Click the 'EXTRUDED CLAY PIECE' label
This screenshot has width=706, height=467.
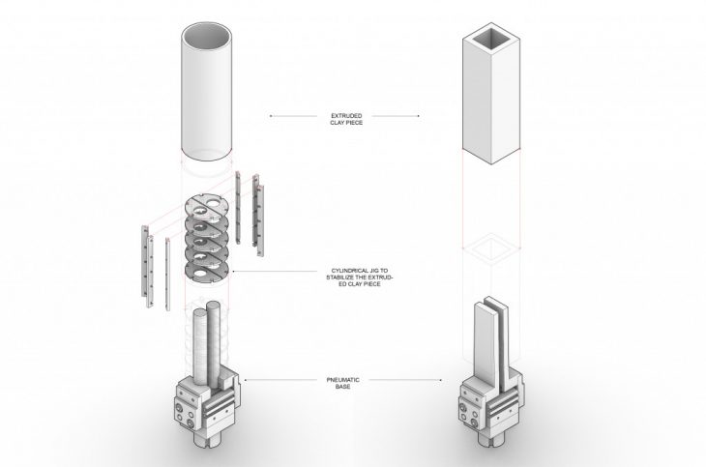346,119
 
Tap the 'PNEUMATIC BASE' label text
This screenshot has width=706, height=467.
342,383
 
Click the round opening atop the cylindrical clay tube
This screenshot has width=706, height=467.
207,36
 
